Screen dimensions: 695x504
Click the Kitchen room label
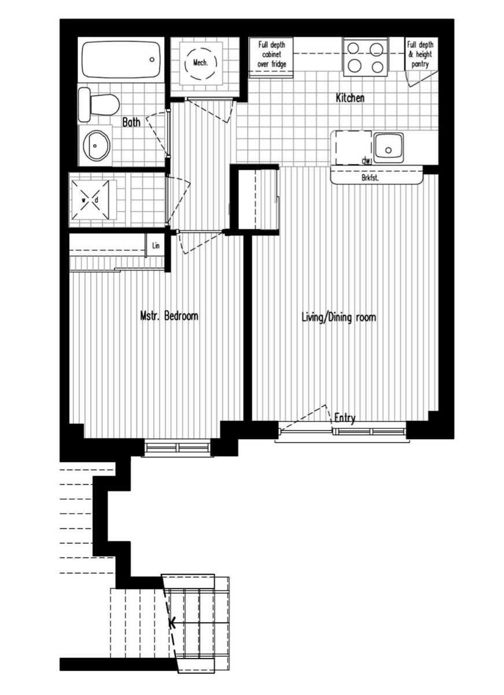[x=350, y=98]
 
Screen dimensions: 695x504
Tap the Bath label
[x=131, y=122]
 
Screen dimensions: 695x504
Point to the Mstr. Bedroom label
[x=169, y=316]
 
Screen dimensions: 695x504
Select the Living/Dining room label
[x=339, y=317]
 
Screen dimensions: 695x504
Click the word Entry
[x=345, y=418]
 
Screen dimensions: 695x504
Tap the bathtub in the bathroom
[x=120, y=59]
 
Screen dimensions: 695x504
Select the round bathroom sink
[x=95, y=145]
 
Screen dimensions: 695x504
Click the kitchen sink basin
[x=388, y=147]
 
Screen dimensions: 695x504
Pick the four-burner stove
[x=365, y=57]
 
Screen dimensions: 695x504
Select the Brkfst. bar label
[x=370, y=178]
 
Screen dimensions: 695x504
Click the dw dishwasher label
[x=365, y=160]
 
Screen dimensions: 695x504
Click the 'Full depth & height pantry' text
[x=420, y=54]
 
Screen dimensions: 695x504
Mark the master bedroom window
[x=177, y=447]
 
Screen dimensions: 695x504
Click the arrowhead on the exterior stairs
[x=172, y=623]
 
